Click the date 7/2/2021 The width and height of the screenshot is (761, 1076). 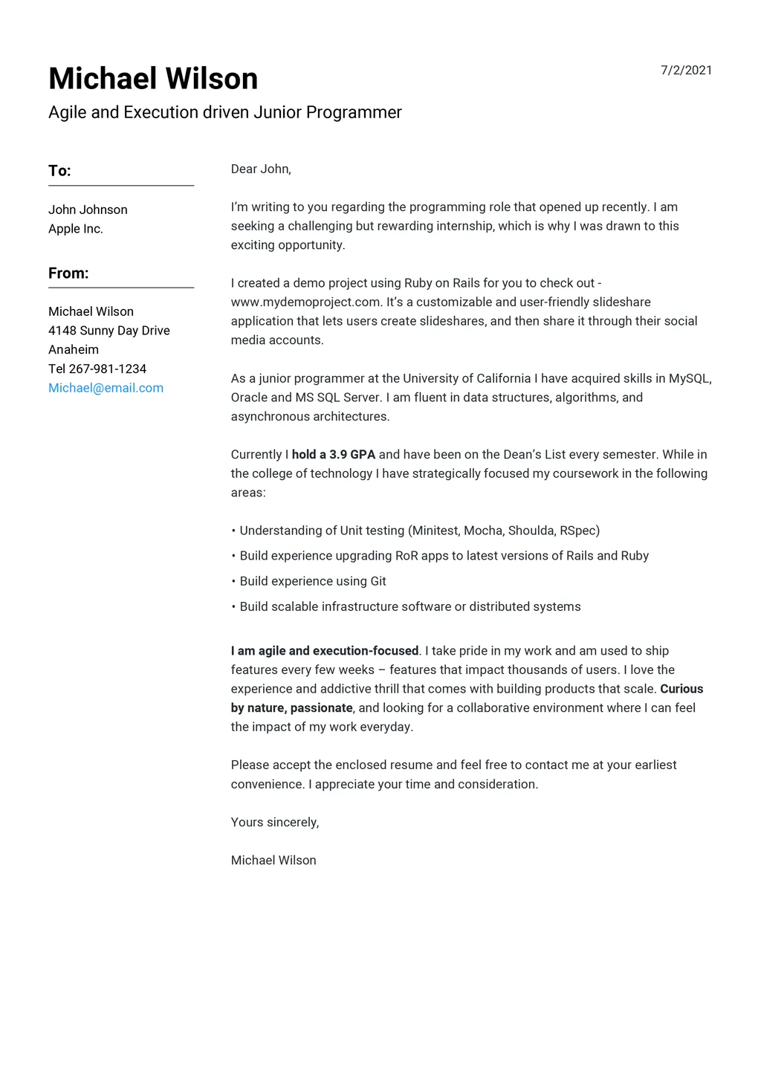[686, 71]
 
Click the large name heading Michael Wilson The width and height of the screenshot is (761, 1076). [153, 79]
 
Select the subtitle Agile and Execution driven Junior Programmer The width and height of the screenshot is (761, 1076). [224, 112]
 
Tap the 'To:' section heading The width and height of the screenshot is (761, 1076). [59, 171]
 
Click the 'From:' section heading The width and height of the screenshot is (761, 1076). [68, 273]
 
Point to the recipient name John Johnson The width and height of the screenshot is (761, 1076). [88, 210]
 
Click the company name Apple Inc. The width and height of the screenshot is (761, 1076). [76, 229]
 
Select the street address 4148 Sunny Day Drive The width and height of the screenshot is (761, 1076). [109, 331]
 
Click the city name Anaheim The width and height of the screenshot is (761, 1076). [74, 349]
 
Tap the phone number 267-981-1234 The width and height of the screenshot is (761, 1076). [107, 369]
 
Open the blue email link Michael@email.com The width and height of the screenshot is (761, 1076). [106, 388]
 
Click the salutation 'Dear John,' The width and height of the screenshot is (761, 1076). [261, 169]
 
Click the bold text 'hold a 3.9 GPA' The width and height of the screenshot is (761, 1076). [334, 455]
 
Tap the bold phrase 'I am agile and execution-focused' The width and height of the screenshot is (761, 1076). [325, 651]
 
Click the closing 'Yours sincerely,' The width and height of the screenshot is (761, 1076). [274, 822]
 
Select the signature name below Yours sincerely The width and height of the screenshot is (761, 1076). [273, 861]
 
